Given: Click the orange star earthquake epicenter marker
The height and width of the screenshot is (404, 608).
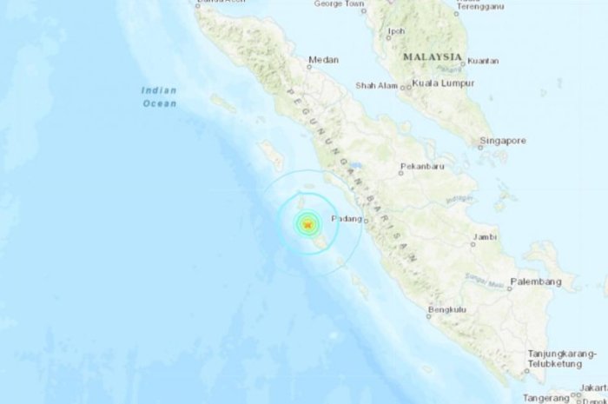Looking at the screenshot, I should (307, 226).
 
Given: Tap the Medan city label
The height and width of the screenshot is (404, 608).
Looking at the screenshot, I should (323, 61).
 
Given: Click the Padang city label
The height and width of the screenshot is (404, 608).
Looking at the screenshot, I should (347, 220).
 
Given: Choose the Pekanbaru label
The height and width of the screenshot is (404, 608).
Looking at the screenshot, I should (422, 166).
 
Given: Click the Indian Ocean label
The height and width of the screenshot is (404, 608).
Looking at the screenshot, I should (159, 96).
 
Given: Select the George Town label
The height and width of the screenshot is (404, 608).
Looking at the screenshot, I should (338, 3).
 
